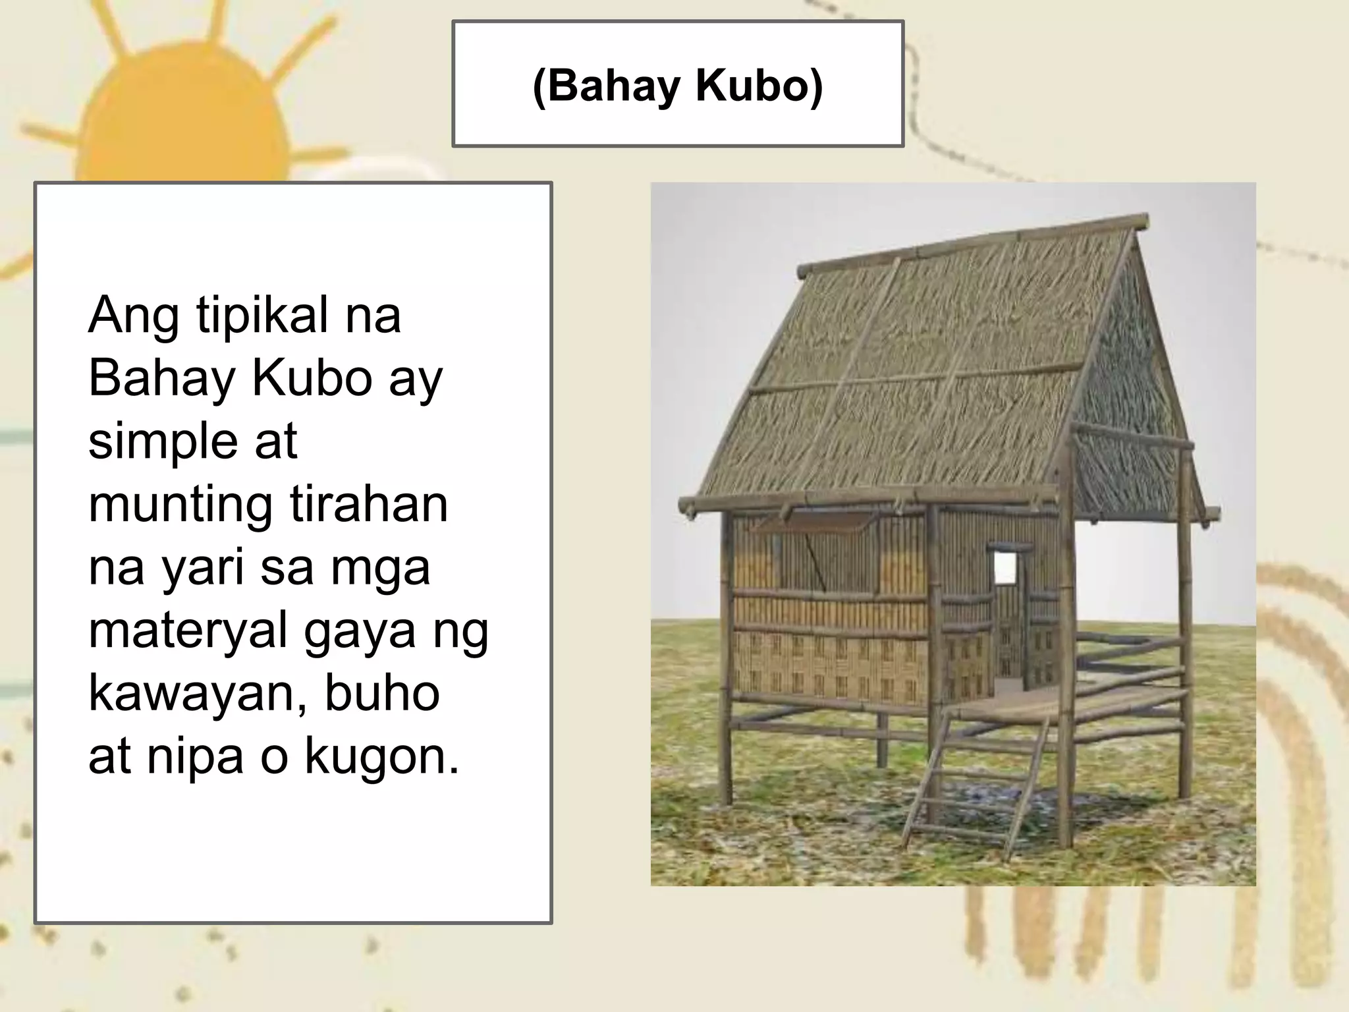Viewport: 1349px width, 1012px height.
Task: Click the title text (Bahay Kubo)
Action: click(678, 86)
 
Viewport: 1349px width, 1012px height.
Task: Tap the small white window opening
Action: click(1005, 567)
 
